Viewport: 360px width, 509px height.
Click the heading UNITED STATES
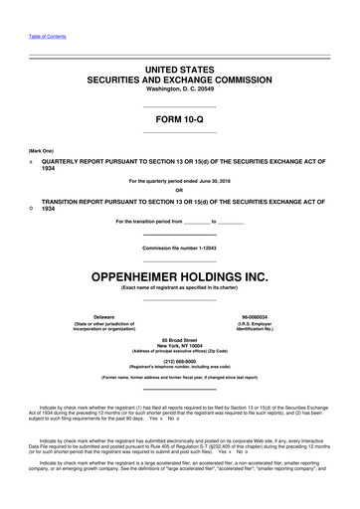point(180,66)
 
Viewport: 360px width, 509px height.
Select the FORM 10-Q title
point(180,119)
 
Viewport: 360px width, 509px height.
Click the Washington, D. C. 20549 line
point(180,87)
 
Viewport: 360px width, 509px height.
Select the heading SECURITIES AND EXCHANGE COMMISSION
point(180,77)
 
